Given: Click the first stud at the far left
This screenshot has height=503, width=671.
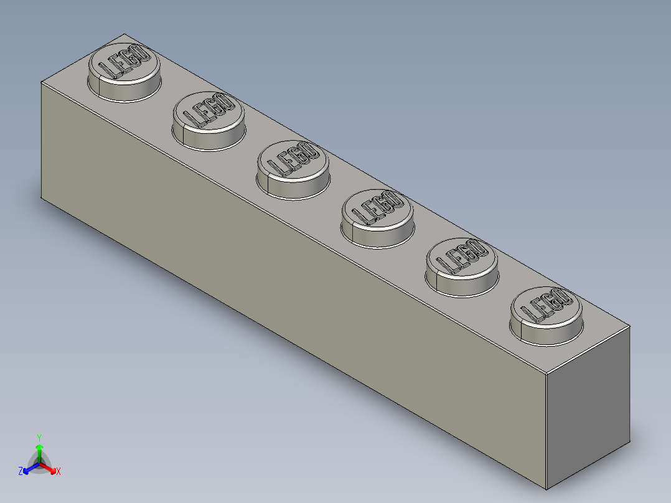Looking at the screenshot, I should click(x=124, y=72).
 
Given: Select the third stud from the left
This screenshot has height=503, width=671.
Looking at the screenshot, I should click(x=293, y=169).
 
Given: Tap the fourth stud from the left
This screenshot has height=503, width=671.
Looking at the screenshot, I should click(x=377, y=217).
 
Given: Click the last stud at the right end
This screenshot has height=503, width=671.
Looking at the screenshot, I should click(x=546, y=314).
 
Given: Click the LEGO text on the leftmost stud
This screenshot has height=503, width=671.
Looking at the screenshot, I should click(x=129, y=62).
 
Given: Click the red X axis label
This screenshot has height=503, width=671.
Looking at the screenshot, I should click(x=59, y=472).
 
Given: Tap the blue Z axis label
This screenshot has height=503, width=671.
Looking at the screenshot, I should click(x=21, y=472).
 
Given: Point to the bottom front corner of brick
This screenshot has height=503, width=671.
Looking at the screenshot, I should click(x=546, y=489).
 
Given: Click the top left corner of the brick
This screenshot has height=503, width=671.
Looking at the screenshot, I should click(x=42, y=83).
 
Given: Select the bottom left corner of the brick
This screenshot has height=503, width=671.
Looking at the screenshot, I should click(x=42, y=199).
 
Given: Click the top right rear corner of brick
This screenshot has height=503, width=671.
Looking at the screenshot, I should click(x=630, y=325).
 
